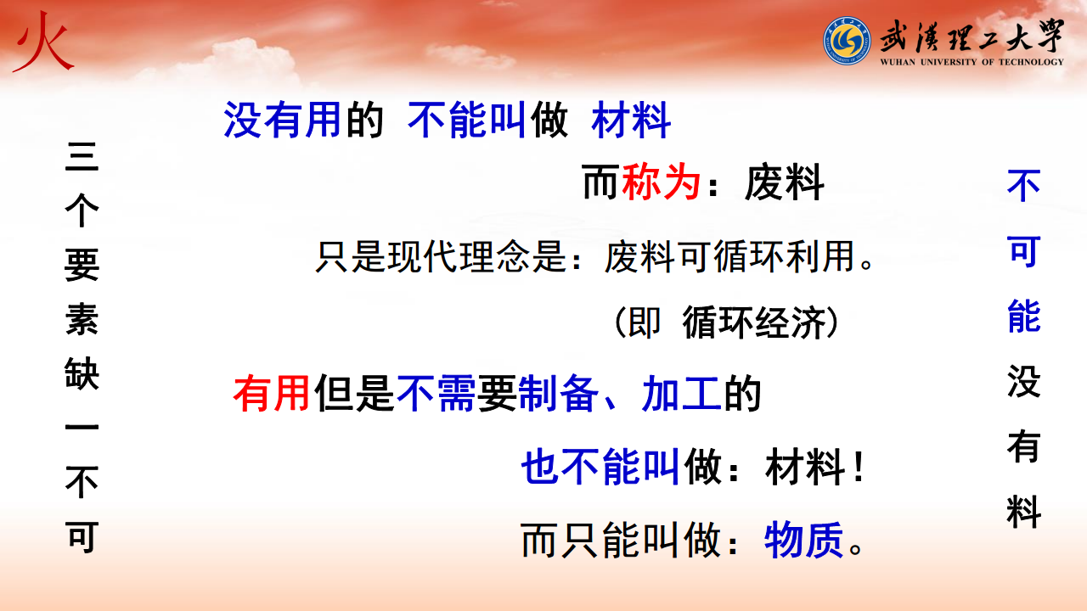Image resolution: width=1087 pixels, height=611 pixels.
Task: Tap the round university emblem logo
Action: point(847,41)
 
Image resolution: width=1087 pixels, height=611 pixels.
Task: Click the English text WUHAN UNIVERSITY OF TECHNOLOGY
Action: point(972,62)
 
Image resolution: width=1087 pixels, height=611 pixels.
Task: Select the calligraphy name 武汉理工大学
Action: point(972,36)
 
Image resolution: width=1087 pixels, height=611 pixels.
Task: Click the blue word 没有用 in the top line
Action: point(282,120)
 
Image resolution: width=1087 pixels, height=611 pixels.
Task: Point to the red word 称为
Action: point(661,182)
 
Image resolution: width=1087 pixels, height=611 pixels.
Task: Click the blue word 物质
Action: point(804,541)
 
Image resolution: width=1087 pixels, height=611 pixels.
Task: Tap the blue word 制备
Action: point(558,393)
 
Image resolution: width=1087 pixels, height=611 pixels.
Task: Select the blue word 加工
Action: point(681,393)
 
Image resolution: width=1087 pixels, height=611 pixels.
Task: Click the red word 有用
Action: point(271,393)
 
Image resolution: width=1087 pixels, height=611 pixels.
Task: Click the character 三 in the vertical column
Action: point(82,157)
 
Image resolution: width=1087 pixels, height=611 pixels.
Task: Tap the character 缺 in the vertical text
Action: point(82,373)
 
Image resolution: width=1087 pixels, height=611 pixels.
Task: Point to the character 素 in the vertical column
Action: point(82,319)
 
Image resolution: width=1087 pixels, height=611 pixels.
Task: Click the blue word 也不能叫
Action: point(600,467)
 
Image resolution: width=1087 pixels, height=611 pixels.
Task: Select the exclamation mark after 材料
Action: point(859,468)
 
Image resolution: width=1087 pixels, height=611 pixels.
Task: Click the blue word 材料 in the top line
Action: point(631,120)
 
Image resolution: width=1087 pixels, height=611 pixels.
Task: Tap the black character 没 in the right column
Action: point(1023,381)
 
